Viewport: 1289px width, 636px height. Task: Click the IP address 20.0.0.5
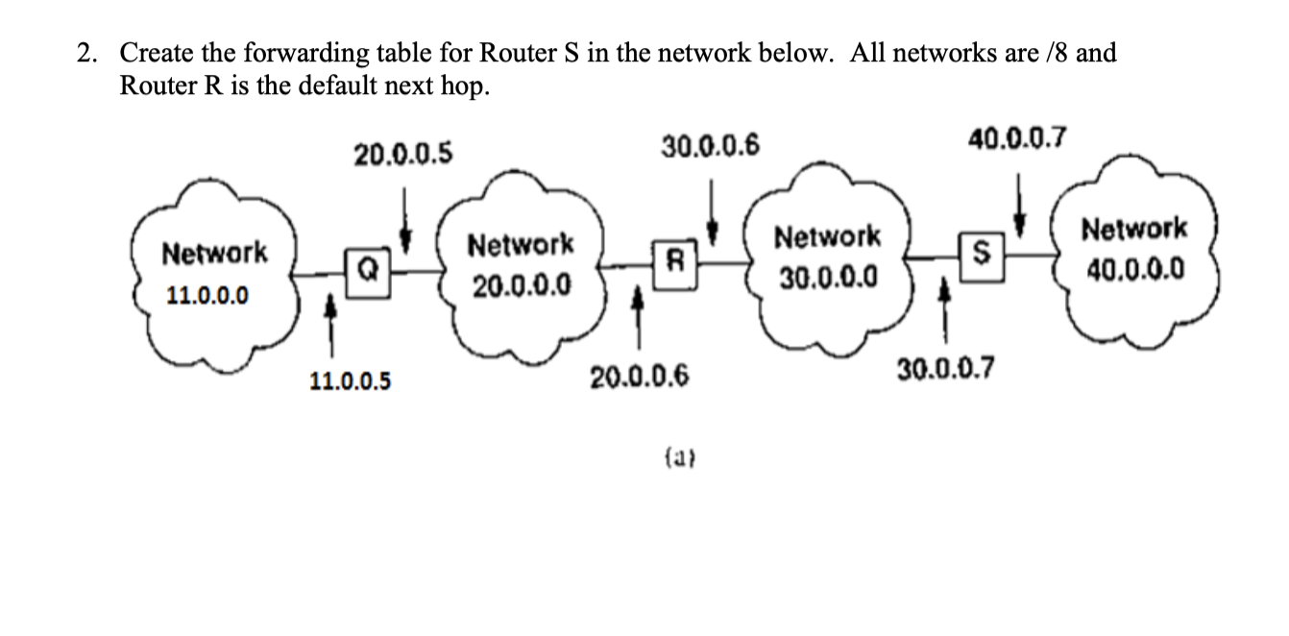[403, 153]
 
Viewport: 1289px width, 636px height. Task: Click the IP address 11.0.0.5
[350, 381]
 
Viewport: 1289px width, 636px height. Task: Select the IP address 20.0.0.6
[640, 377]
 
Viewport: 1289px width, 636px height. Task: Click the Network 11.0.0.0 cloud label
[214, 274]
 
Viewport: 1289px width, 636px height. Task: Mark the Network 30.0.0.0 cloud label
[827, 257]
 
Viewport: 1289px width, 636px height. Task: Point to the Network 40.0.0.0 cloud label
[1133, 248]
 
